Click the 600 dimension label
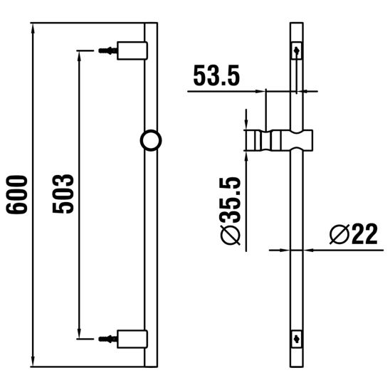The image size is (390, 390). tap(16, 194)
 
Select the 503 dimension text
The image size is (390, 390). tap(63, 194)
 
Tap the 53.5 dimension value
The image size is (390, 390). tap(216, 75)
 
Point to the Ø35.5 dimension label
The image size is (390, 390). tap(231, 211)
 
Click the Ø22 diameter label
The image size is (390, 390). tap(354, 234)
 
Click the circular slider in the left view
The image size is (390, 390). tap(151, 140)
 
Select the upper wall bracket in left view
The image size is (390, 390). tap(132, 51)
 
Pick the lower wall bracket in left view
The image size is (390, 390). tap(132, 339)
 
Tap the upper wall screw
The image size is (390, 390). tap(108, 51)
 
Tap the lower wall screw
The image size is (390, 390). tap(108, 339)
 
